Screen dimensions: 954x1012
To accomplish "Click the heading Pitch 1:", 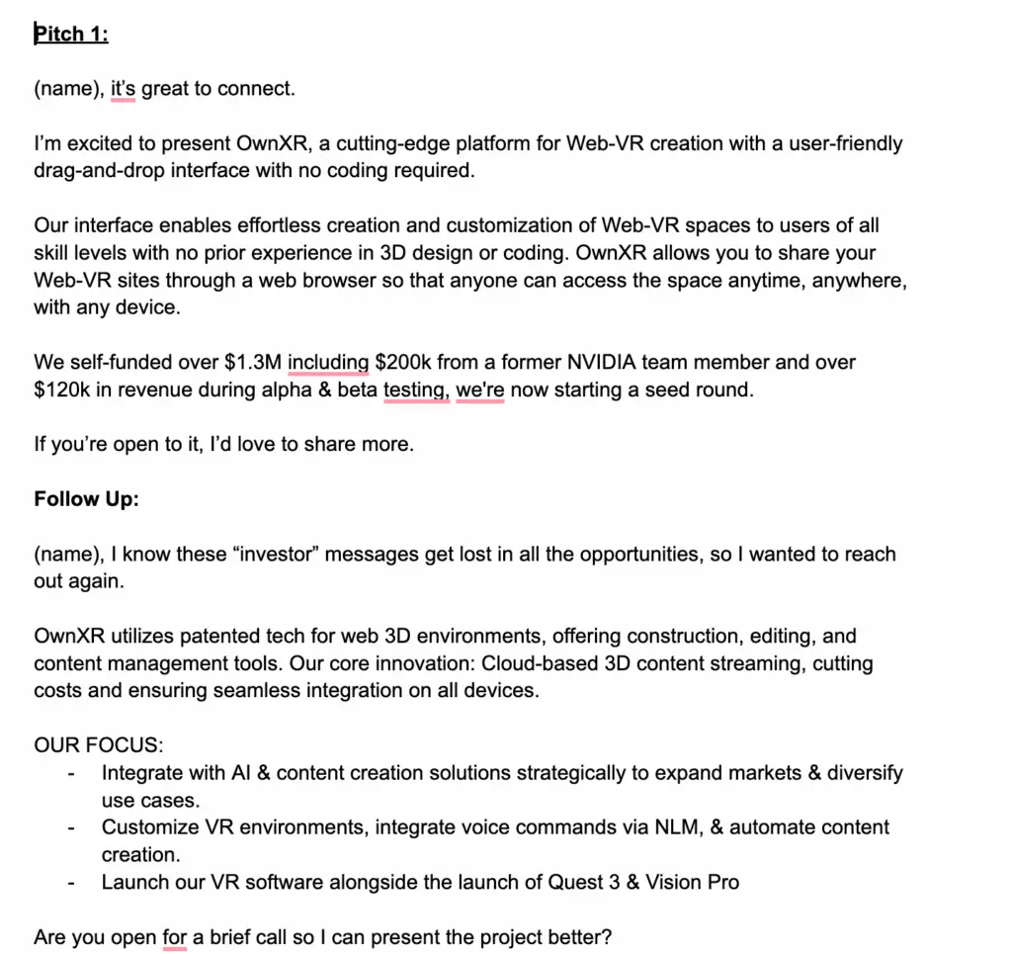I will click(x=71, y=35).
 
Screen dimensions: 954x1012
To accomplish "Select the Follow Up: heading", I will click(x=86, y=498).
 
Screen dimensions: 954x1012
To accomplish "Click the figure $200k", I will click(x=402, y=363).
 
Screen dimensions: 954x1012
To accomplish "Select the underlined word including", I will click(x=328, y=363).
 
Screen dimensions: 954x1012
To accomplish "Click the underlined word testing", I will click(x=415, y=390).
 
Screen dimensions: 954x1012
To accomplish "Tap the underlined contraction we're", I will click(x=479, y=390).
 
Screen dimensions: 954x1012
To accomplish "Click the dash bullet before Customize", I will click(x=71, y=827).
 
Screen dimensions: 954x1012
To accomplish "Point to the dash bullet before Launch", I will click(x=71, y=882).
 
